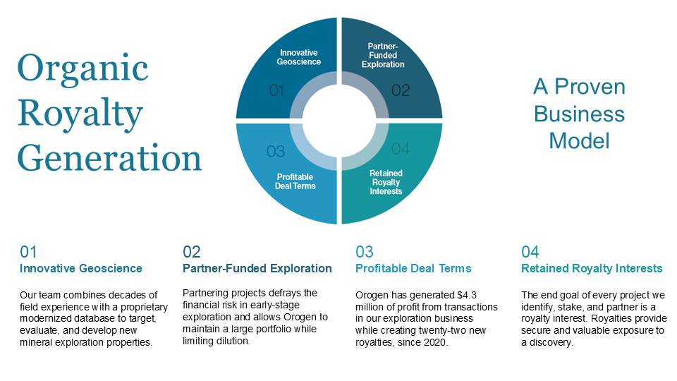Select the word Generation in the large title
click(110, 158)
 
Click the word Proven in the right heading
click(590, 87)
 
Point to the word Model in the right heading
click(580, 141)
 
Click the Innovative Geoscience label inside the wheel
click(299, 57)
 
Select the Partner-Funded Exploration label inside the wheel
click(383, 55)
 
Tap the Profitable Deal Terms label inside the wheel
click(295, 181)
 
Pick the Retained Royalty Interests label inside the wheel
click(386, 182)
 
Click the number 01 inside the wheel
click(276, 90)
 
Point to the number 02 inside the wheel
click(401, 90)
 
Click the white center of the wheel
click(339, 121)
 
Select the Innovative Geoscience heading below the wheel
click(80, 268)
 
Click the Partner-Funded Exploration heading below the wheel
click(257, 268)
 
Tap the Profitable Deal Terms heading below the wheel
click(413, 268)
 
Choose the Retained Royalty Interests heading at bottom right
click(592, 268)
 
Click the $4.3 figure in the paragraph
click(467, 295)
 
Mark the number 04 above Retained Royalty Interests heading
click(530, 252)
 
